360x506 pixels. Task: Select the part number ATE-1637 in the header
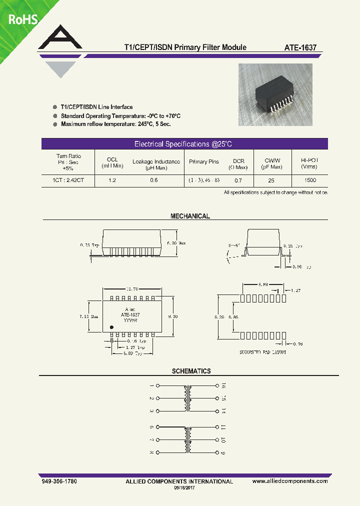pyautogui.click(x=300, y=48)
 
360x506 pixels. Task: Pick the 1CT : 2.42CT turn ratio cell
pyautogui.click(x=68, y=180)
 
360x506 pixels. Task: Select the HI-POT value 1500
pyautogui.click(x=309, y=180)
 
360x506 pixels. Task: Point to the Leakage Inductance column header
pyautogui.click(x=156, y=162)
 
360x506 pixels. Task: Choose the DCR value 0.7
pyautogui.click(x=238, y=180)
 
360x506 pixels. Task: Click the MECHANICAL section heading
pyautogui.click(x=190, y=216)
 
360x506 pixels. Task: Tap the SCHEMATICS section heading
pyautogui.click(x=191, y=371)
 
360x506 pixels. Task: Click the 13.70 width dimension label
pyautogui.click(x=132, y=289)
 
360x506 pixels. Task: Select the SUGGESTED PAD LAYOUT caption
pyautogui.click(x=263, y=352)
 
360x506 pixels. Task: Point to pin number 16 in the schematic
pyautogui.click(x=223, y=386)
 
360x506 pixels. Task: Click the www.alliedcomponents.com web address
pyautogui.click(x=290, y=481)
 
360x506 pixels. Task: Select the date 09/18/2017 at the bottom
pyautogui.click(x=184, y=487)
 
